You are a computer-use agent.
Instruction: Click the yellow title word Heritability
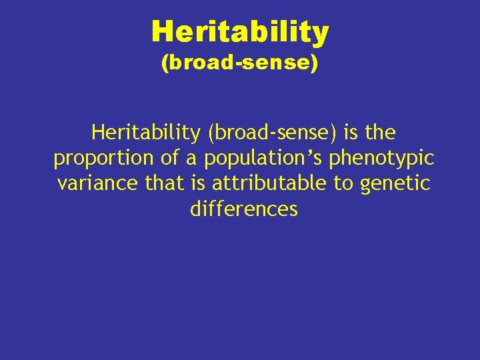click(240, 32)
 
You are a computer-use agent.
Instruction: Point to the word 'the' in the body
click(380, 133)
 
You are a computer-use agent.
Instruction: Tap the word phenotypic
click(381, 159)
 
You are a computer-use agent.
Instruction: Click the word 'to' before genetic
click(344, 183)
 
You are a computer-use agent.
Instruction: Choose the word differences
click(243, 209)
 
